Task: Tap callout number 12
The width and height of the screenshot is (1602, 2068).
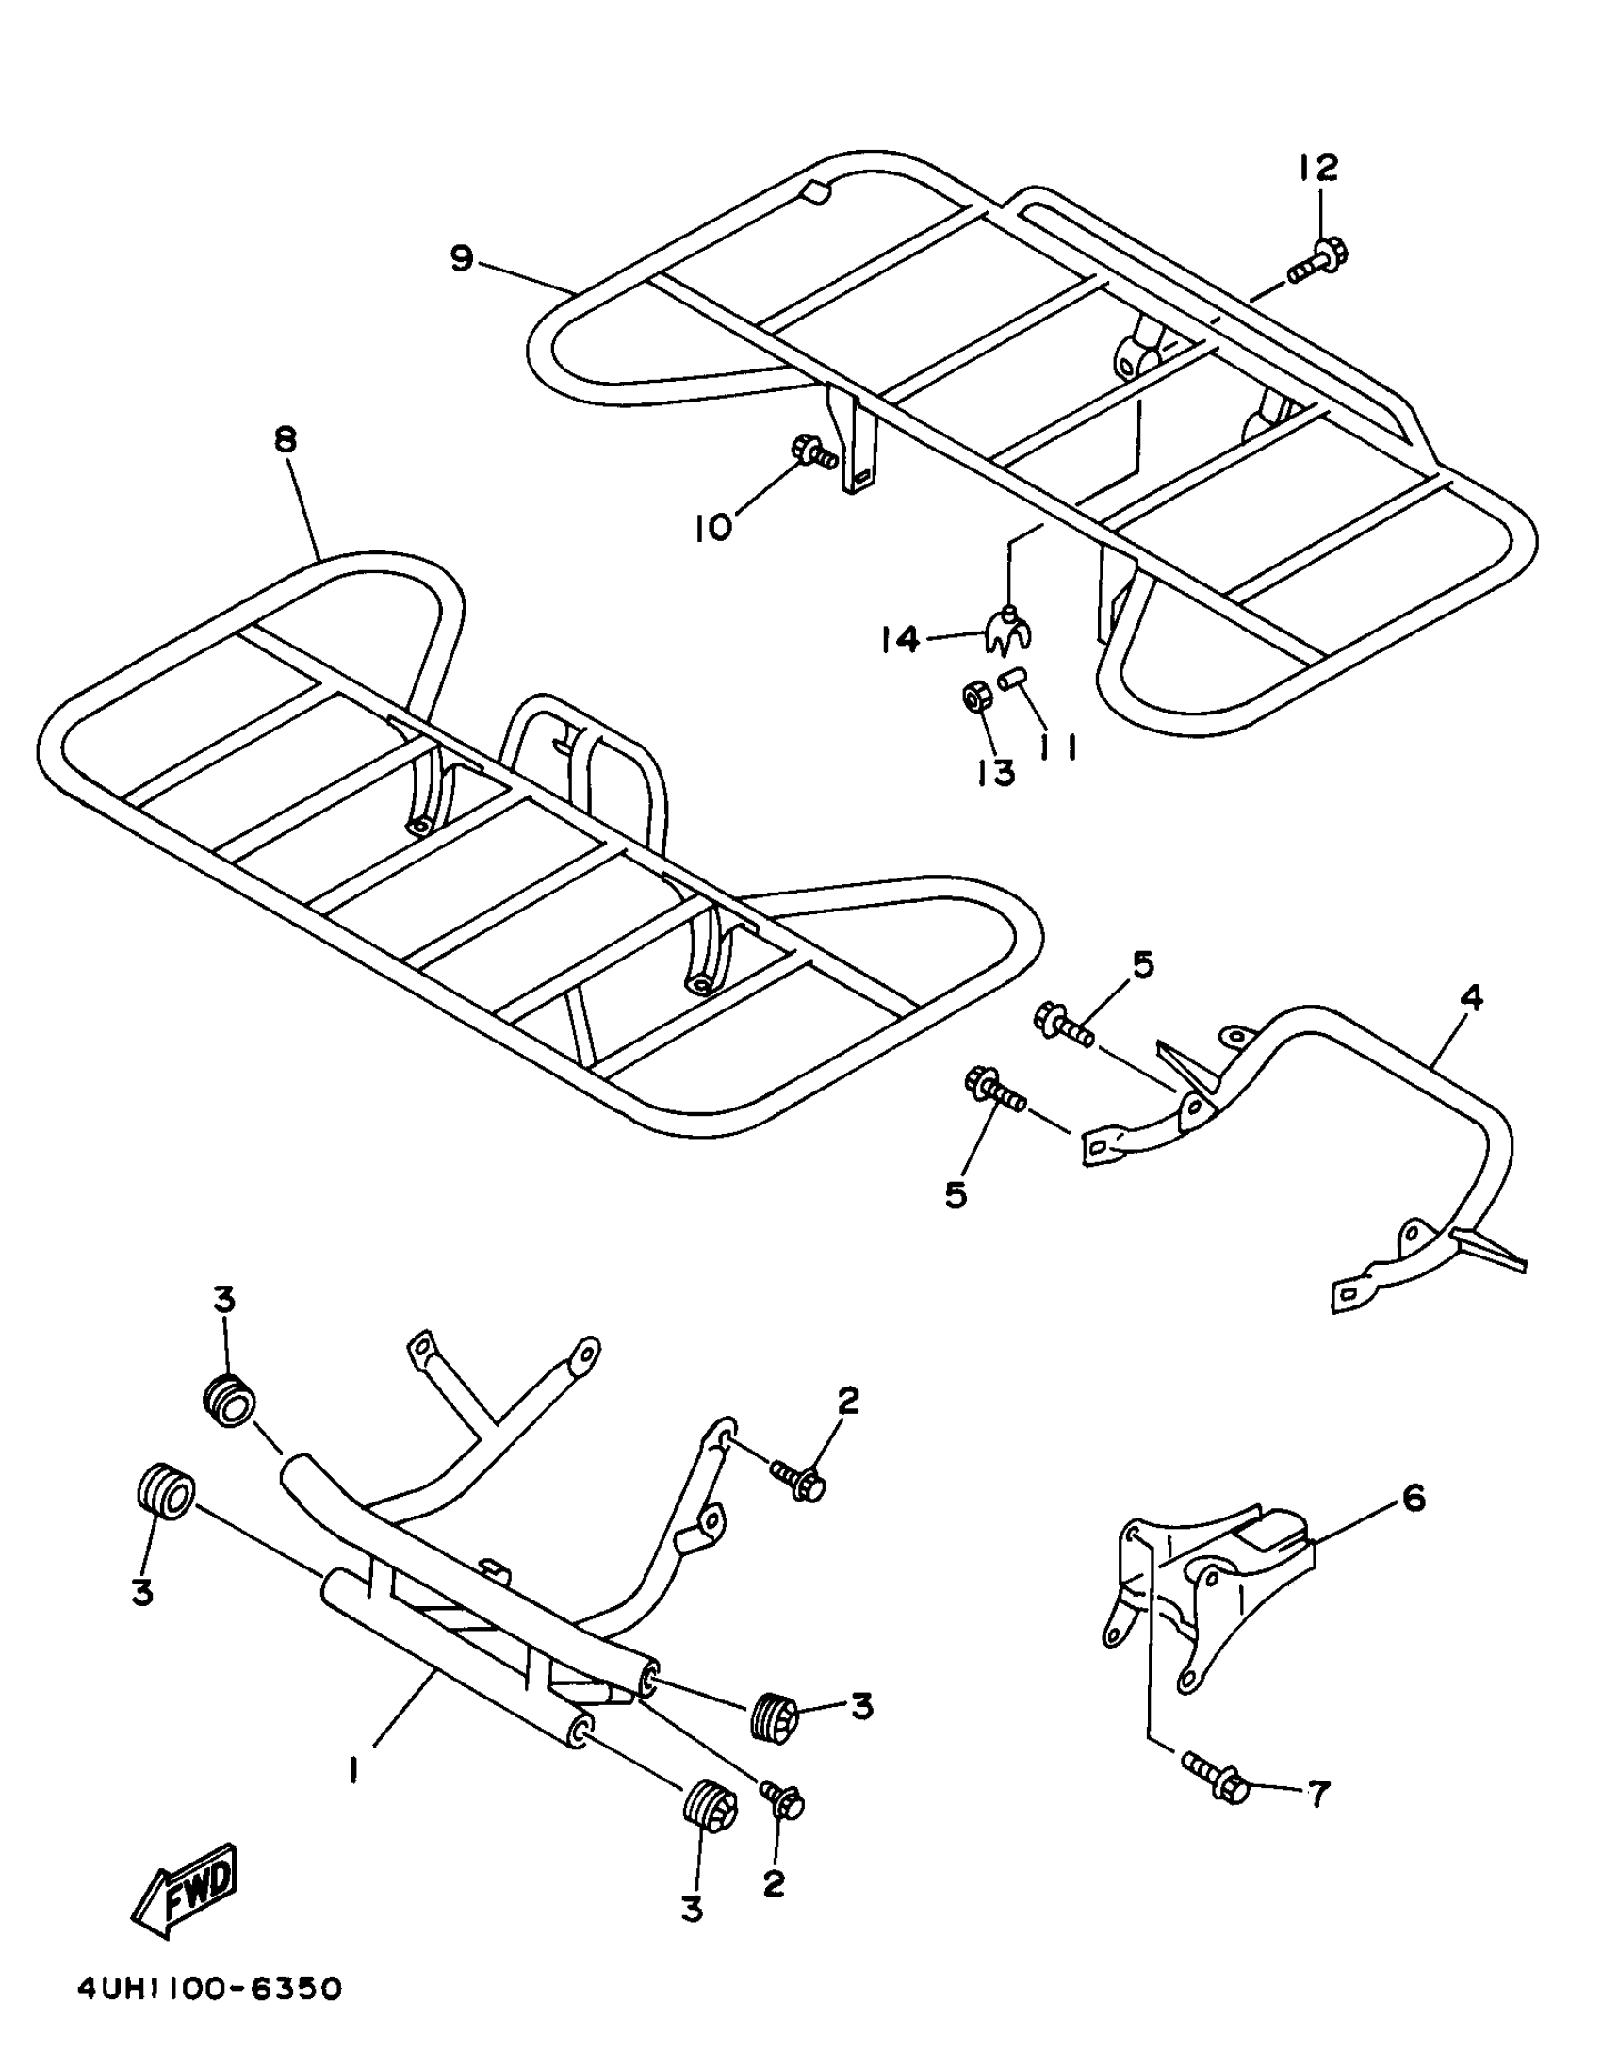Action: coord(1318,168)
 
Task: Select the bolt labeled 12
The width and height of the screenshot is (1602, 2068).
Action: coord(1319,261)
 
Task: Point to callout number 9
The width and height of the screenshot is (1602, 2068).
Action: coord(461,257)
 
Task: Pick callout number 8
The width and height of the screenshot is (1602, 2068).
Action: coord(285,440)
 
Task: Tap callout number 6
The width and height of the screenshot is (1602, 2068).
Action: coord(1414,1499)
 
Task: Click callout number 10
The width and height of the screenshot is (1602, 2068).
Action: coord(712,526)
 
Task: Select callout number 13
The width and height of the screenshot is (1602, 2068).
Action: coord(994,772)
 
